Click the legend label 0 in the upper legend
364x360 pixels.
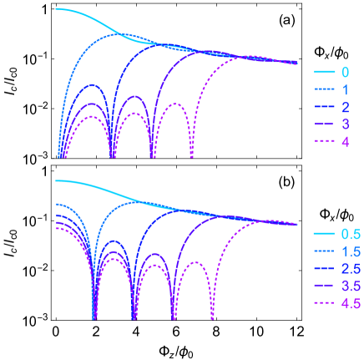345,73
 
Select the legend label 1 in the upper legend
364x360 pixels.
345,89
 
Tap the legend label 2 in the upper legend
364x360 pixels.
345,107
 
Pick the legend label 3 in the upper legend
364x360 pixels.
345,124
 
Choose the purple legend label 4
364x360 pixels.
345,142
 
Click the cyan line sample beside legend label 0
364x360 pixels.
324,73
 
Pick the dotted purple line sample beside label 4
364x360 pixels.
324,142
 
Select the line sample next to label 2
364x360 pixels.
324,107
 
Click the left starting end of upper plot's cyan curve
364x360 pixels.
56,9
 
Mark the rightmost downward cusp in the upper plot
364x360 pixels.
192,155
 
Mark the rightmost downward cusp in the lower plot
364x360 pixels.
211,318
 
